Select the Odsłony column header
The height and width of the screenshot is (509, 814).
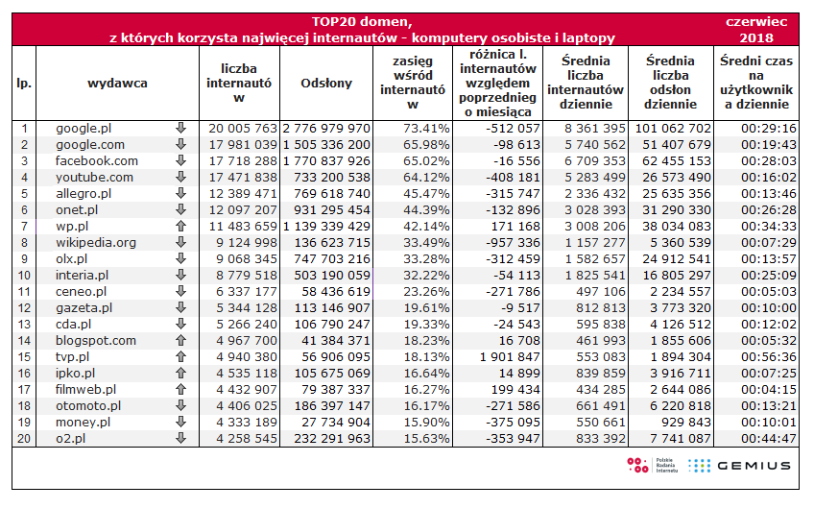[x=326, y=84]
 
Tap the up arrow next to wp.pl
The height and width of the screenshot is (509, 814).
[x=180, y=226]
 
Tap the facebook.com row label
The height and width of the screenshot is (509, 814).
[x=96, y=160]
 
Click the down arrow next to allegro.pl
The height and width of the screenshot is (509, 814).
[x=180, y=193]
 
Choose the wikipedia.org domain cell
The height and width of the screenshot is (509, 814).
[x=96, y=242]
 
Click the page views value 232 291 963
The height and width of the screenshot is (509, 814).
[x=327, y=438]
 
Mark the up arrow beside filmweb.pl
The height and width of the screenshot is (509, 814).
[x=180, y=389]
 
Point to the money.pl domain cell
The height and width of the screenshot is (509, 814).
[x=83, y=422]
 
